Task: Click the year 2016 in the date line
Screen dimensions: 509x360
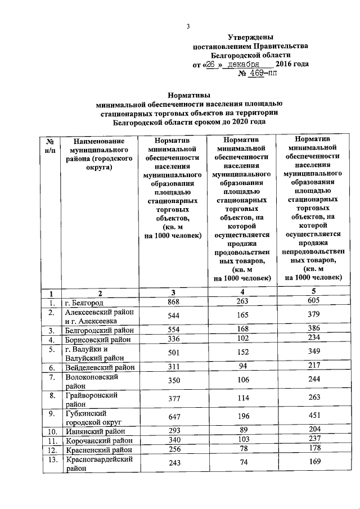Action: point(284,65)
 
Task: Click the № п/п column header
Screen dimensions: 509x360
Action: point(51,145)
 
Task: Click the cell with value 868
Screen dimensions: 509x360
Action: point(173,303)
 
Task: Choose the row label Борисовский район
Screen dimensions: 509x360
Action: point(97,340)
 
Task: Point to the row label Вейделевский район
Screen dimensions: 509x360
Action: point(100,367)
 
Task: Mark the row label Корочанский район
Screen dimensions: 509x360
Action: point(98,441)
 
